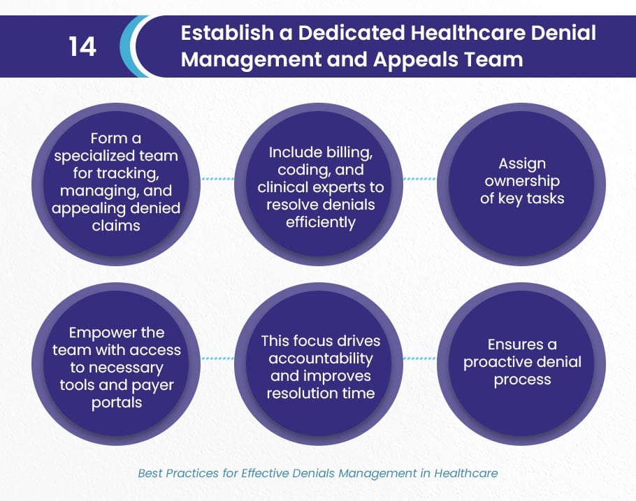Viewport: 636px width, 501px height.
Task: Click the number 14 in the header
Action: [x=82, y=46]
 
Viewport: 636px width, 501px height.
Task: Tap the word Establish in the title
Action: [x=227, y=33]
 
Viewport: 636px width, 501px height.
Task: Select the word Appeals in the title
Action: [x=416, y=60]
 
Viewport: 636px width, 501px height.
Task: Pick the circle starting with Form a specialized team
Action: [x=116, y=184]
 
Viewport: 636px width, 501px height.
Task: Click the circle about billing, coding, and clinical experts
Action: [x=319, y=184]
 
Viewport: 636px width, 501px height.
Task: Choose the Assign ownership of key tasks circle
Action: [x=521, y=184]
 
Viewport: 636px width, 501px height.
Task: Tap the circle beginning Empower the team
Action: [x=116, y=364]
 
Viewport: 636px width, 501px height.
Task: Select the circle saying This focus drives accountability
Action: [x=319, y=364]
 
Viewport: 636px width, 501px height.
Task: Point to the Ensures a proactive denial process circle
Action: [x=521, y=364]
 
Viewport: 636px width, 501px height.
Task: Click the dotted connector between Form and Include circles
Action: [x=217, y=178]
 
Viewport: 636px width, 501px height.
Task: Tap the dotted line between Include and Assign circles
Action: [x=419, y=178]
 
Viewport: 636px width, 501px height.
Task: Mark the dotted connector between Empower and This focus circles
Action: [x=217, y=358]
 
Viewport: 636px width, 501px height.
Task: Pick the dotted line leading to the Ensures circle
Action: [x=419, y=358]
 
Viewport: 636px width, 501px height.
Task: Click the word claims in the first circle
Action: [x=116, y=226]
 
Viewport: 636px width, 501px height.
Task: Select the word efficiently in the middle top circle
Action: [x=320, y=223]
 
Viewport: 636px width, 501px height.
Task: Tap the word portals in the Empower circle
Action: [x=117, y=403]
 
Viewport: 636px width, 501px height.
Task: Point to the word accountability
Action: [x=320, y=358]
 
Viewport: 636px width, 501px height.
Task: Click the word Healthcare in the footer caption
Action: [x=466, y=473]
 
